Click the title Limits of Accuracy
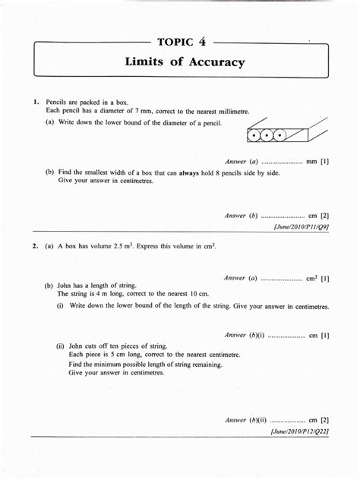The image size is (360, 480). tap(185, 62)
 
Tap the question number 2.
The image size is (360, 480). tap(35, 246)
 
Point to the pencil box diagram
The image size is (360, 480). tap(287, 131)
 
